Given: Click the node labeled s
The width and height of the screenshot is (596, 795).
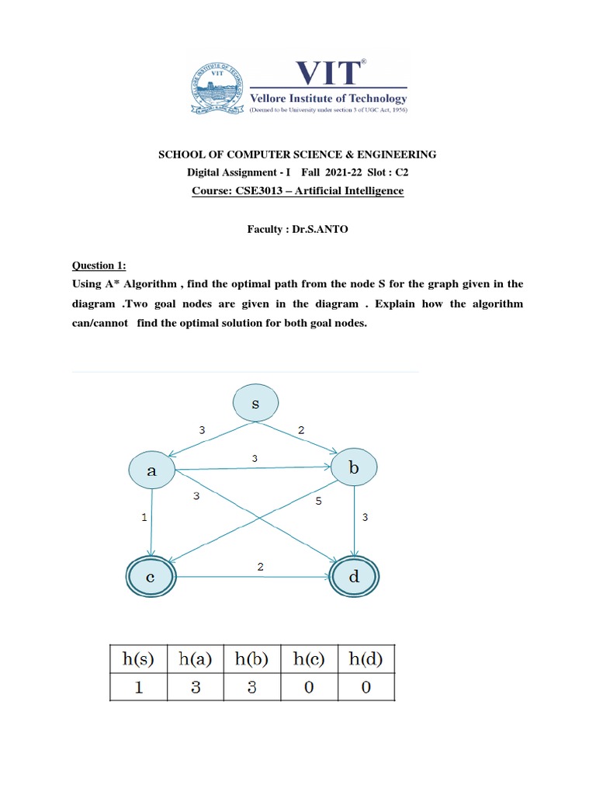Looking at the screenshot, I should (256, 404).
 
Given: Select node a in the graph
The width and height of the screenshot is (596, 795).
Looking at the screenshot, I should (152, 470).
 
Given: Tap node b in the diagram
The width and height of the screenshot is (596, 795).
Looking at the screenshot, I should (354, 468).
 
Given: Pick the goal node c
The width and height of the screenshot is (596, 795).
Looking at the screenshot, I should (152, 577).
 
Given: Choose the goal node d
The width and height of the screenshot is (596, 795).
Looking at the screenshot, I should (355, 577).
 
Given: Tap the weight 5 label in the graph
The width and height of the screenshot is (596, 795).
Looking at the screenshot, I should (318, 502).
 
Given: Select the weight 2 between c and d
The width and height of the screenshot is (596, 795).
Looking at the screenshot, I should (260, 568).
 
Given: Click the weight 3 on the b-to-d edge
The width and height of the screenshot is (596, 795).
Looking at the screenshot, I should (365, 516).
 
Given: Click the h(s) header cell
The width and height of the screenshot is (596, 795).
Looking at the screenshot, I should (139, 660).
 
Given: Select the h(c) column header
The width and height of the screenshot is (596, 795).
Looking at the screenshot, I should (308, 660).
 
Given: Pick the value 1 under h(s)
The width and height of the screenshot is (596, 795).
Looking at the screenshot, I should (139, 688).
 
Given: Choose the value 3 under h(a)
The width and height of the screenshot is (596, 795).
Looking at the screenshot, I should (195, 688).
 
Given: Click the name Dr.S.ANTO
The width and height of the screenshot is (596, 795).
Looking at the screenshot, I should (310, 228).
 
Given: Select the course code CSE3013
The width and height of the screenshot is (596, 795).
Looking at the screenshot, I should (274, 191).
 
